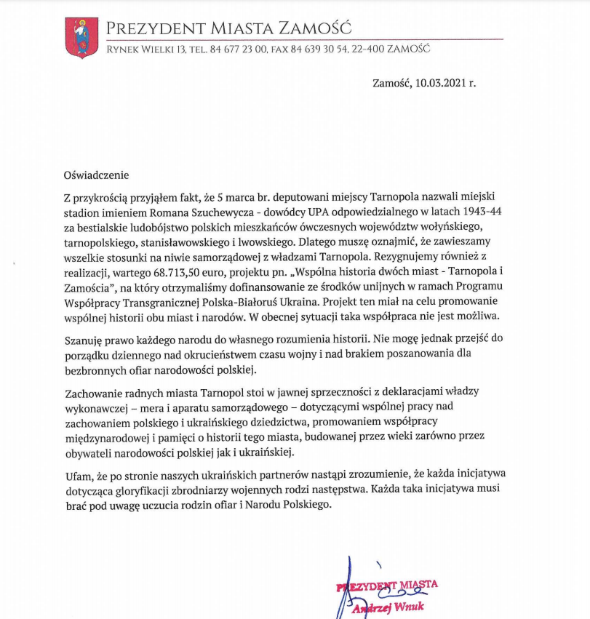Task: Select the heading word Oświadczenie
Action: [x=95, y=175]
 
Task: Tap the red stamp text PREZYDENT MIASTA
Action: [x=388, y=585]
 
